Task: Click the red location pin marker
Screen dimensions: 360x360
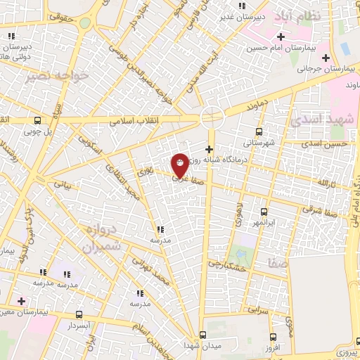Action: (180, 165)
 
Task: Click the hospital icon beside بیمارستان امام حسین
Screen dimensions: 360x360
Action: (281, 37)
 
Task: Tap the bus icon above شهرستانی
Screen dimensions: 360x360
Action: (259, 131)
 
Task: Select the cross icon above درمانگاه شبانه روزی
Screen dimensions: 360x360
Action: (209, 149)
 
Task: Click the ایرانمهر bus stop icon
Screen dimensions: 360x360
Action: (264, 211)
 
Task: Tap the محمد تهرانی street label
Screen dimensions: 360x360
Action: (154, 273)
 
